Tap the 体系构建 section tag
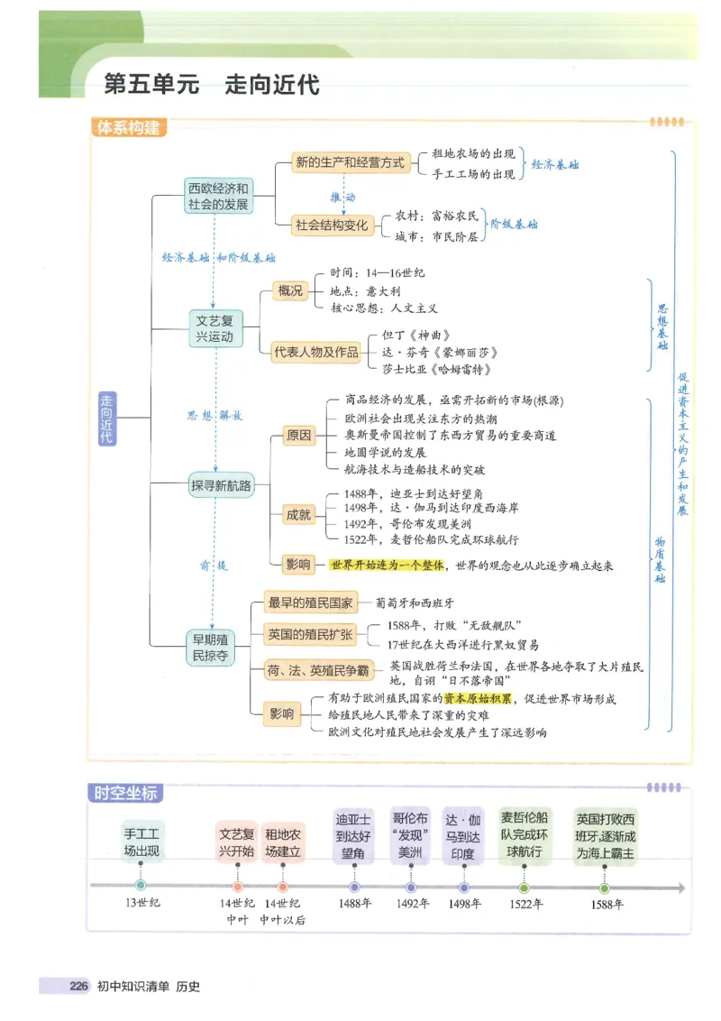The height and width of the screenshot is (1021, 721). pyautogui.click(x=127, y=128)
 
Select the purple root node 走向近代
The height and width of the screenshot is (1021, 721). pyautogui.click(x=108, y=418)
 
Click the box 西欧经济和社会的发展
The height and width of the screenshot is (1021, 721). pyautogui.click(x=217, y=197)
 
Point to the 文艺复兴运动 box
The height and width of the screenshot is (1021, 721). pyautogui.click(x=215, y=328)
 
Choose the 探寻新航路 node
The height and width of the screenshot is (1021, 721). pyautogui.click(x=220, y=486)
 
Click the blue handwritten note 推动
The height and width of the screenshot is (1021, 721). pyautogui.click(x=342, y=196)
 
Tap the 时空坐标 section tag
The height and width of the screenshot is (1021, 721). pyautogui.click(x=126, y=793)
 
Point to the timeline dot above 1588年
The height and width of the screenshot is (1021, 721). pyautogui.click(x=604, y=888)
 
